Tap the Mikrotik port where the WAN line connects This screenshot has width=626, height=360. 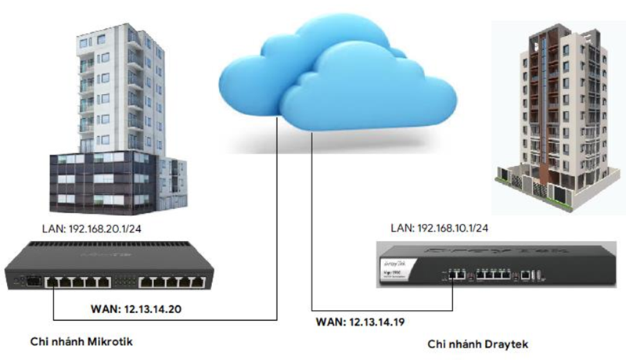pos(53,279)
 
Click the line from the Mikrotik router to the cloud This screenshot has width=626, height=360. pos(278,235)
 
